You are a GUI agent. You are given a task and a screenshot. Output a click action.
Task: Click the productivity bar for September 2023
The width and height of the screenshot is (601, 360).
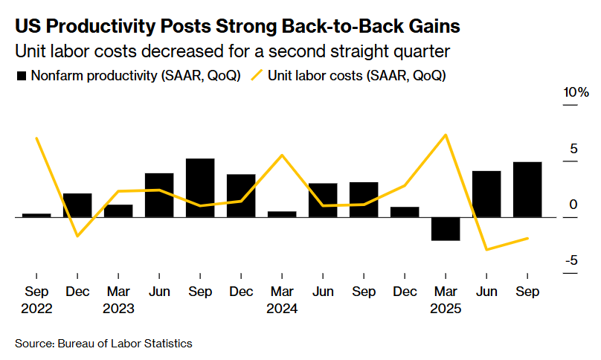(x=200, y=187)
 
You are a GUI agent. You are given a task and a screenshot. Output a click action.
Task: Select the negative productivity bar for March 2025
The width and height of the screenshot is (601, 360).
(x=446, y=229)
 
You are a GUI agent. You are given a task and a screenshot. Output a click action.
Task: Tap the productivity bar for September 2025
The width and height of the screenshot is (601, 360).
(x=527, y=190)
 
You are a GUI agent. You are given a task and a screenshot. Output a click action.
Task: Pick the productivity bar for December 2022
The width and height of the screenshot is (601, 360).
(x=77, y=205)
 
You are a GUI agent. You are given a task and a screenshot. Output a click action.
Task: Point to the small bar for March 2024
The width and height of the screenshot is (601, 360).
(x=282, y=214)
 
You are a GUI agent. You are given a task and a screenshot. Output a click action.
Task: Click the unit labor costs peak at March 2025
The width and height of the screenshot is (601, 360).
(x=446, y=135)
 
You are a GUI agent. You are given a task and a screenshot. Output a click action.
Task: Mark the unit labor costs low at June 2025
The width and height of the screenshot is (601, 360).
(x=486, y=249)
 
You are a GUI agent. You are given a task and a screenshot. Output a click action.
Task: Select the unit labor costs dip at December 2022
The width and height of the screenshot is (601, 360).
(x=77, y=237)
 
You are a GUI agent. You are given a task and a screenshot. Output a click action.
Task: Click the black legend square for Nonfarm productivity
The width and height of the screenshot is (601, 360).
(x=22, y=76)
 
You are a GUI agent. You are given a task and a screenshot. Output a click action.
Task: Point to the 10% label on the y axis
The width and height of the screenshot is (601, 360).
(x=576, y=93)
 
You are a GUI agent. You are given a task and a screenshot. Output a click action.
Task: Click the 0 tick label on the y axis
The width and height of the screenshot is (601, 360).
(x=573, y=205)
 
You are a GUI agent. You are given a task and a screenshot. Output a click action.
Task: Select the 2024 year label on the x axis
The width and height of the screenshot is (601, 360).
(x=282, y=308)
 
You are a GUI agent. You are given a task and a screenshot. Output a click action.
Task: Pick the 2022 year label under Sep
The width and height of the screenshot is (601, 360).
(x=36, y=308)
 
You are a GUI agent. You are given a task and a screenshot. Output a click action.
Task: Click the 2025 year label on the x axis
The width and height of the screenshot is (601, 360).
(x=446, y=308)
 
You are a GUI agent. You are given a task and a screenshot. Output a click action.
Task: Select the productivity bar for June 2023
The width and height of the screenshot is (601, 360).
(x=159, y=195)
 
